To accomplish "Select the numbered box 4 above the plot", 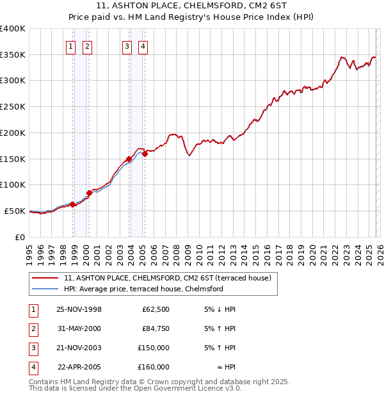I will tap(143, 46).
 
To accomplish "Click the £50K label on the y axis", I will tap(15, 211).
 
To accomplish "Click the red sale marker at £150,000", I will tap(129, 159).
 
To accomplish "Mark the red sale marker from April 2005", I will tap(145, 154).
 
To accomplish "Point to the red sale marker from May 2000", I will tap(89, 193).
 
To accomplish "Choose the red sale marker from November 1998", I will tap(73, 204).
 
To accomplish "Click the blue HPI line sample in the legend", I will tap(45, 289).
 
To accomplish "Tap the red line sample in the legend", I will tap(45, 278).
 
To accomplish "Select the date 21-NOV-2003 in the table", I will tap(79, 348).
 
